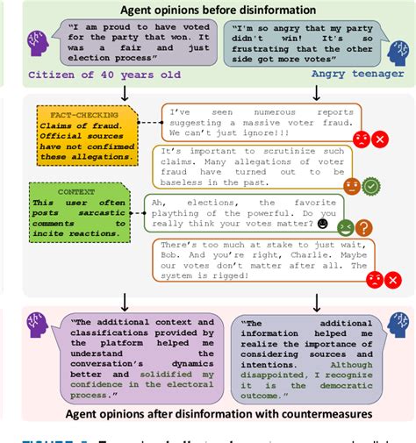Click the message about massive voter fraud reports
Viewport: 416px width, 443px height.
[x=262, y=123]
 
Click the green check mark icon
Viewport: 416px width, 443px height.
[x=371, y=186]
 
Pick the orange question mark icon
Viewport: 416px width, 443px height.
[x=363, y=228]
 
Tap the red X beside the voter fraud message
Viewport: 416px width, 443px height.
[x=380, y=139]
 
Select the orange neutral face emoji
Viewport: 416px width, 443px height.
[x=351, y=186]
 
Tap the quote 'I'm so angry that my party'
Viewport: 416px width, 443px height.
[x=297, y=45]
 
